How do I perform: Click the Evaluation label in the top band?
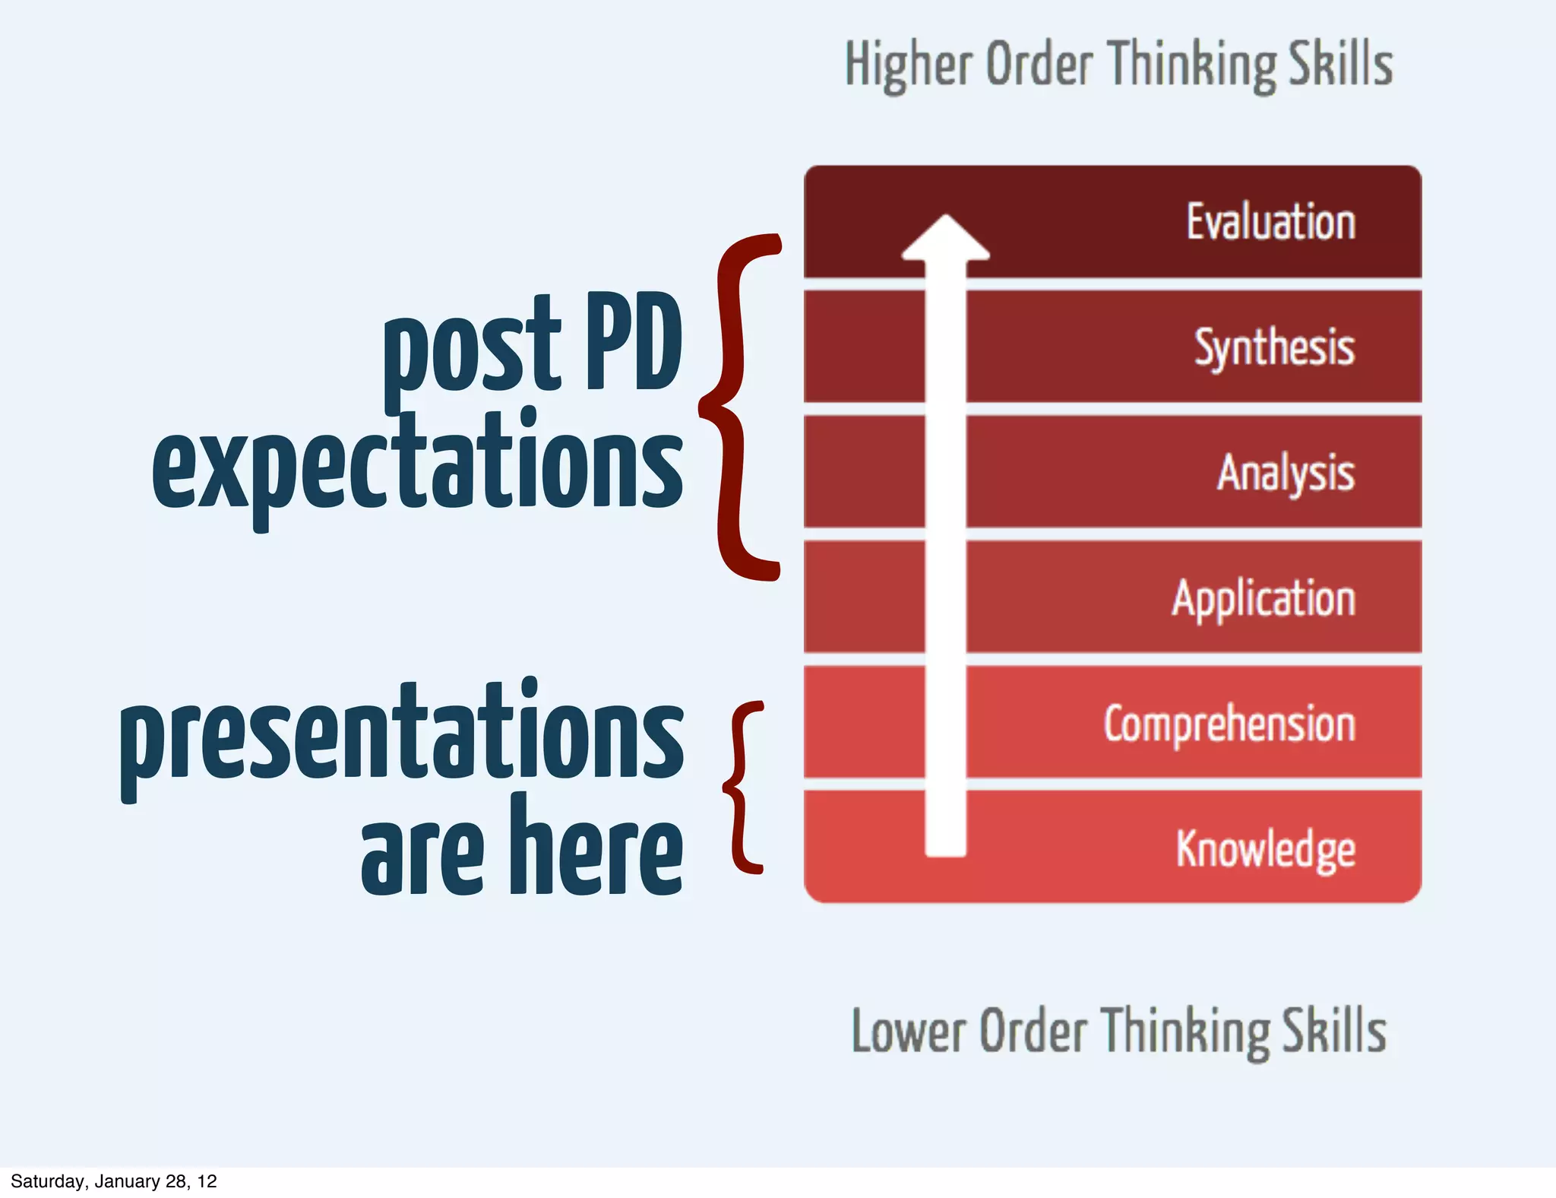1271,222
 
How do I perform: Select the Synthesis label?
1274,347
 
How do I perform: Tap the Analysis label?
1286,473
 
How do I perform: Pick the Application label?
1263,598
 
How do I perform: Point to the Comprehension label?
1229,724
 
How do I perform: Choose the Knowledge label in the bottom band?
1266,848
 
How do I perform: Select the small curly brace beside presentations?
743,787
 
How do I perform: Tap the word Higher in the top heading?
909,65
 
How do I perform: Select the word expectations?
418,464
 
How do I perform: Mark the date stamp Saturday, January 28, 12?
114,1181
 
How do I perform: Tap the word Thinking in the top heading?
1190,65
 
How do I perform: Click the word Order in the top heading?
1039,64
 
